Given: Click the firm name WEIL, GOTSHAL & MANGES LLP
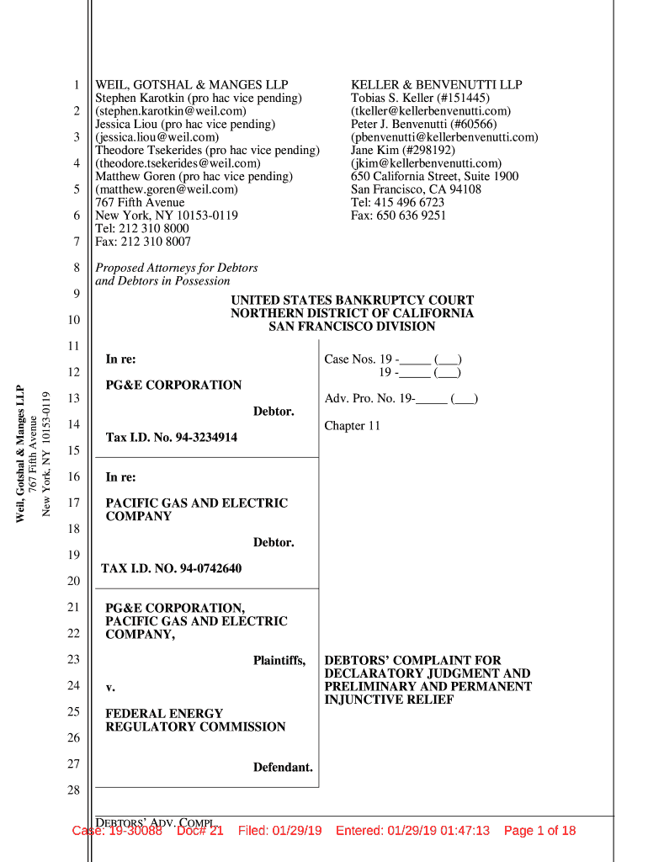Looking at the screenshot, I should click(x=192, y=85).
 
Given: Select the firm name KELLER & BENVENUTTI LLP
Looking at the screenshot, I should click(x=436, y=85).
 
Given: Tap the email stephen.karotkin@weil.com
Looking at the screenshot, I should click(x=171, y=111).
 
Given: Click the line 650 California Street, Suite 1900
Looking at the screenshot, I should click(x=434, y=177).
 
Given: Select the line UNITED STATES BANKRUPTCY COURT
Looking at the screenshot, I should click(x=352, y=301).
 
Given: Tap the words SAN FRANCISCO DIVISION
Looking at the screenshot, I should click(x=352, y=327).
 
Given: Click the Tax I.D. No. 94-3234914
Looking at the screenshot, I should click(x=171, y=438).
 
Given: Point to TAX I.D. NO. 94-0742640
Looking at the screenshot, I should click(x=171, y=569).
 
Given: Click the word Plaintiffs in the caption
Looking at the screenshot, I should click(x=279, y=661).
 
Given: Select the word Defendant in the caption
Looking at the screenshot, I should click(x=283, y=768).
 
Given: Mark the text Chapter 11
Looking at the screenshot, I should click(x=352, y=426).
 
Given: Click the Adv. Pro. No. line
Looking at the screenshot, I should click(x=401, y=399).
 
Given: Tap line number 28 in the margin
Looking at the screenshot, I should click(x=72, y=791).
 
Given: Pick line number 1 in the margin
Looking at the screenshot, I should click(x=76, y=85).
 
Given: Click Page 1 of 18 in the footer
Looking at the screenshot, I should click(x=539, y=831).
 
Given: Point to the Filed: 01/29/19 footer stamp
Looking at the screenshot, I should click(x=280, y=831).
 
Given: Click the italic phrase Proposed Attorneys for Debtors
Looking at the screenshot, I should click(x=177, y=268).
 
